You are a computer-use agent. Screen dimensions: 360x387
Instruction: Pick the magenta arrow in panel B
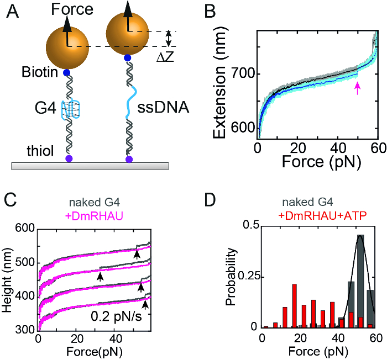pos(358,87)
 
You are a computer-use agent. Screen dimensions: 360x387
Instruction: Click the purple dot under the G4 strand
pos(68,159)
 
